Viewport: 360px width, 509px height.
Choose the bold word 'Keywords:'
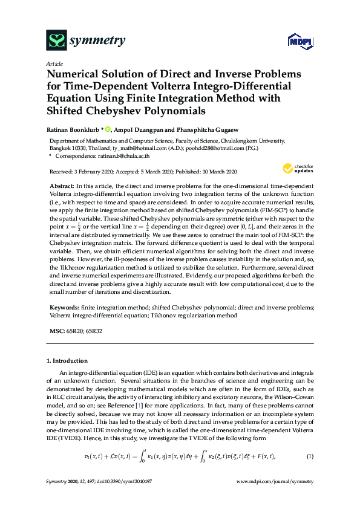(x=64, y=308)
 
